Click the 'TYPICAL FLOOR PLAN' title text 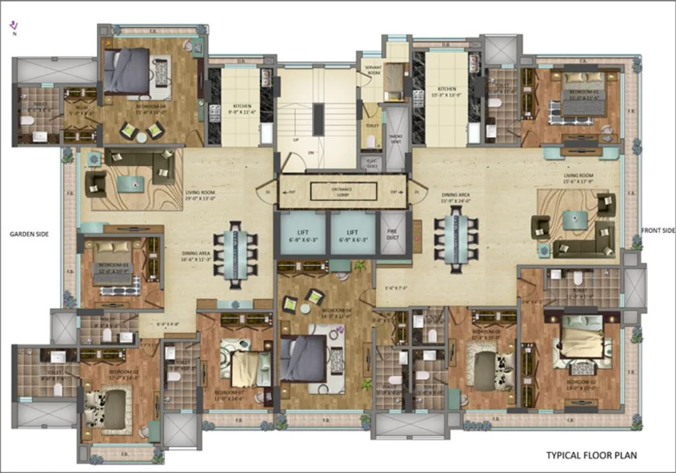(x=591, y=456)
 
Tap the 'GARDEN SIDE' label (x=29, y=234)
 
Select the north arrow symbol (x=14, y=26)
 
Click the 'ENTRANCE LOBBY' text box (x=343, y=192)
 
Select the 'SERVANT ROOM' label (x=371, y=69)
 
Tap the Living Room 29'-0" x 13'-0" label (x=201, y=195)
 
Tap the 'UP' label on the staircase (x=296, y=140)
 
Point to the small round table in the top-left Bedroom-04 (x=142, y=138)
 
